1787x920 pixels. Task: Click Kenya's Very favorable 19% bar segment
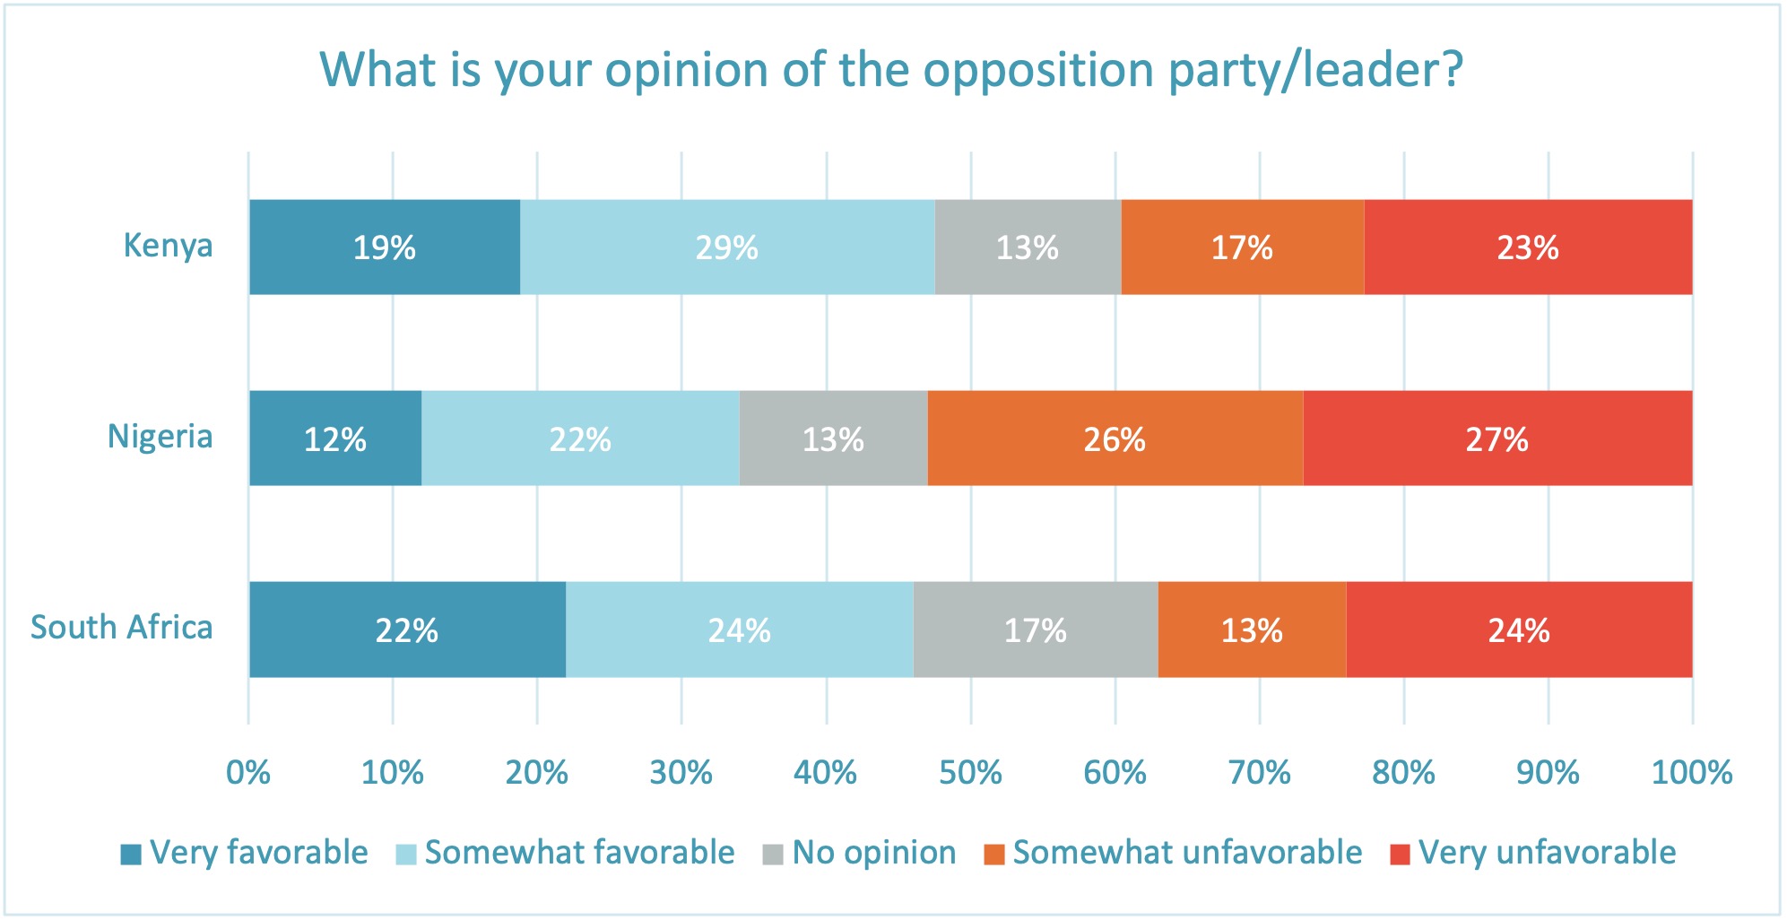[385, 247]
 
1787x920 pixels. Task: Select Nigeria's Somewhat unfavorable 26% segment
[1115, 438]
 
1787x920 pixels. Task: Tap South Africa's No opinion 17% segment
[1036, 629]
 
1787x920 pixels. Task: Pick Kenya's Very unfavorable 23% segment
[1528, 247]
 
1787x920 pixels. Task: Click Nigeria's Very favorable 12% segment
[335, 438]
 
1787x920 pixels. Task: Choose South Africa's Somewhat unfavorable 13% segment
[1252, 629]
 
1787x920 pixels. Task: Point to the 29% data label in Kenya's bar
[727, 247]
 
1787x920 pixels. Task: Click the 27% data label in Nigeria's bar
[1496, 439]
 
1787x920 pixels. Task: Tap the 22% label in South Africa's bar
[407, 630]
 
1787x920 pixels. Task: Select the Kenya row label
[168, 245]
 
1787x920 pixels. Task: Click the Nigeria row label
[160, 437]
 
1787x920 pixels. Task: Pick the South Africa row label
[122, 628]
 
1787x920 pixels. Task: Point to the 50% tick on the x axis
[970, 772]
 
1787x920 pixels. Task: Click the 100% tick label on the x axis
[1692, 772]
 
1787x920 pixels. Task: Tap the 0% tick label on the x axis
[248, 772]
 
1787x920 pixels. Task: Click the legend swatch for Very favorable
[131, 855]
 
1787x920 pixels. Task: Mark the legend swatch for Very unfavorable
[1400, 855]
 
